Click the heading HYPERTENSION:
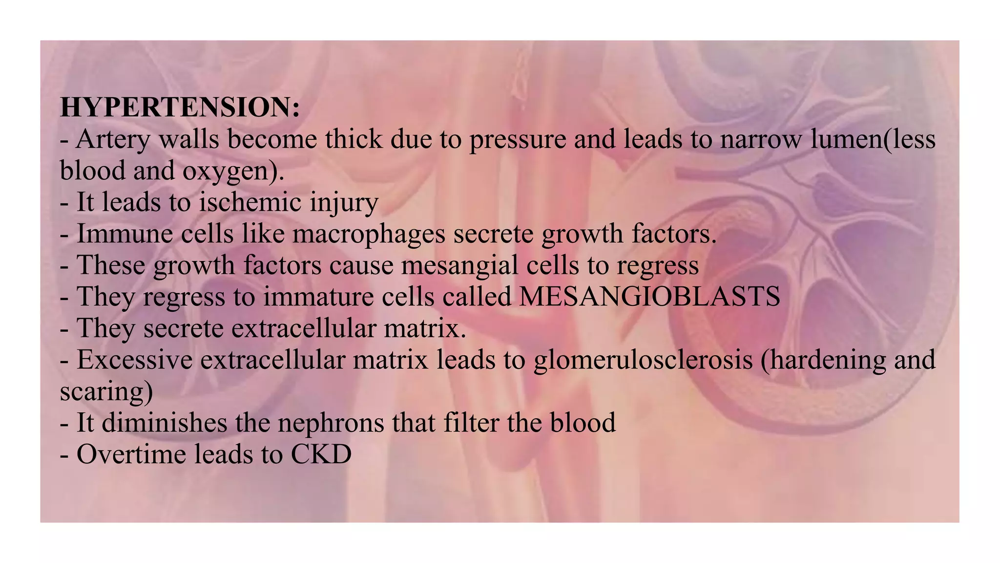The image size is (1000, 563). click(x=180, y=108)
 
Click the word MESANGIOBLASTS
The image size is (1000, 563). click(x=649, y=297)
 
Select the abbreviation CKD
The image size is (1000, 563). click(x=321, y=455)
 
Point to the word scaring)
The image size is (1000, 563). click(x=106, y=392)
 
